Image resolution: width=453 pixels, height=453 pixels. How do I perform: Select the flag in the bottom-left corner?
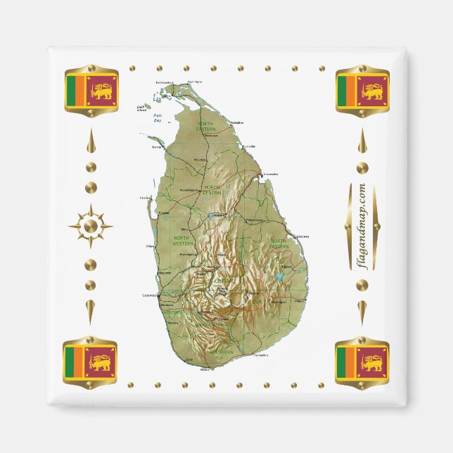pyautogui.click(x=91, y=362)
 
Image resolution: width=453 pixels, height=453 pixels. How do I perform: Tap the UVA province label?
pyautogui.click(x=256, y=301)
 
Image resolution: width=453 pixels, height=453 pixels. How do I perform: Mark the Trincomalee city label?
pyautogui.click(x=270, y=174)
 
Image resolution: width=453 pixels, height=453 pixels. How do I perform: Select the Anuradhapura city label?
pyautogui.click(x=191, y=190)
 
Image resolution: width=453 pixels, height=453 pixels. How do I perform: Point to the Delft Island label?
pyautogui.click(x=141, y=108)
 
